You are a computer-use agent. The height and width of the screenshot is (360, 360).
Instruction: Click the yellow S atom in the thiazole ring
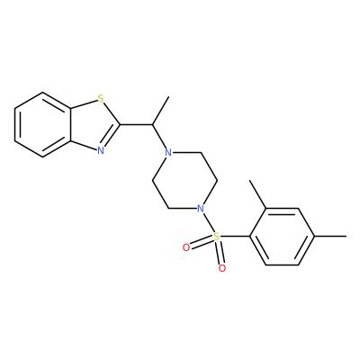tap(101, 98)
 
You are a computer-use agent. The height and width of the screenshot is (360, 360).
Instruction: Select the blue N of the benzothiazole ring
tap(101, 150)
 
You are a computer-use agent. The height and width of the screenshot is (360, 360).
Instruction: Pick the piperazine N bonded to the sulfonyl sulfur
tap(201, 208)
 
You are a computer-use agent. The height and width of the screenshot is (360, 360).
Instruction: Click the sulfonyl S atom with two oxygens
tap(216, 236)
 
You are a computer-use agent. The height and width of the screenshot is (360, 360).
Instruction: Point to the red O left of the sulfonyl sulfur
tap(186, 247)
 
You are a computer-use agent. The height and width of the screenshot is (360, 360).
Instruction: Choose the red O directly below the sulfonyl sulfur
tap(222, 268)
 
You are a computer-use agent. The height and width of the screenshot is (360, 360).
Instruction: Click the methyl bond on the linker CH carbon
tap(161, 111)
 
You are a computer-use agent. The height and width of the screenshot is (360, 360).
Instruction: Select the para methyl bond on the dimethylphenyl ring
tap(330, 236)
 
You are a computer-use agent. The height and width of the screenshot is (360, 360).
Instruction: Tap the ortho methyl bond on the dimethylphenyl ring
tap(257, 194)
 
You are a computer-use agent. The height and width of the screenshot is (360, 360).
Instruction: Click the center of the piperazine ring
tap(184, 180)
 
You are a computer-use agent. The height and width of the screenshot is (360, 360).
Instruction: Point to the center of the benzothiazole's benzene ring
tap(42, 124)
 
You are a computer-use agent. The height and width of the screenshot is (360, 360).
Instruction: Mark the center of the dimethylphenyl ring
tap(282, 236)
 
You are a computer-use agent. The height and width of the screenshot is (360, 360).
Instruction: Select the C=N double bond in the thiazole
tap(112, 137)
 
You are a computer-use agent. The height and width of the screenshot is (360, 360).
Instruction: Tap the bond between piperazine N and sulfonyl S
tap(208, 221)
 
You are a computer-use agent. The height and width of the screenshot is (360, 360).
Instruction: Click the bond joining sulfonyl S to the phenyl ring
tap(235, 236)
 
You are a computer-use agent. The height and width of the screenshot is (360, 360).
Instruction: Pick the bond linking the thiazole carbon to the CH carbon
tap(137, 124)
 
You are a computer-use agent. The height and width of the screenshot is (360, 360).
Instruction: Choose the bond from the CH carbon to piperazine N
tap(159, 137)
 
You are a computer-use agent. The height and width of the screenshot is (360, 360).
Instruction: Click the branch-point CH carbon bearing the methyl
tap(152, 124)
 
